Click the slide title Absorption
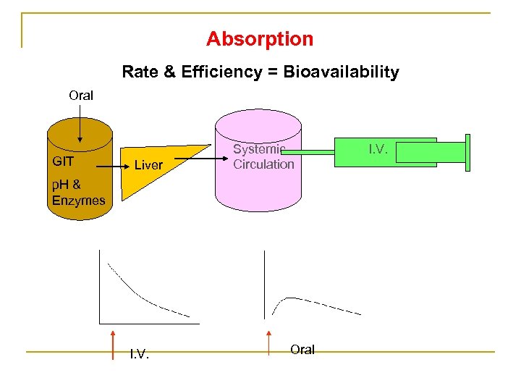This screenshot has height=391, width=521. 260,38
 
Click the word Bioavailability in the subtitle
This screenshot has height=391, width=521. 342,72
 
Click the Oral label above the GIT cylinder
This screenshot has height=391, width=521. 81,95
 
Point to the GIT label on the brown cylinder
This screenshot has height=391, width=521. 63,161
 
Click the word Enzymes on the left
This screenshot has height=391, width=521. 78,201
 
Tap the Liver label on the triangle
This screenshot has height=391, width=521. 148,165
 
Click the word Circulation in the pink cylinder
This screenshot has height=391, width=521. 263,164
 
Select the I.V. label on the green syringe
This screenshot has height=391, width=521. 378,149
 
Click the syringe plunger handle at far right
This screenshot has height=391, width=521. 467,153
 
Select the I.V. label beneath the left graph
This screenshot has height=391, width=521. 139,353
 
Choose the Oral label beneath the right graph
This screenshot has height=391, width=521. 302,350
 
